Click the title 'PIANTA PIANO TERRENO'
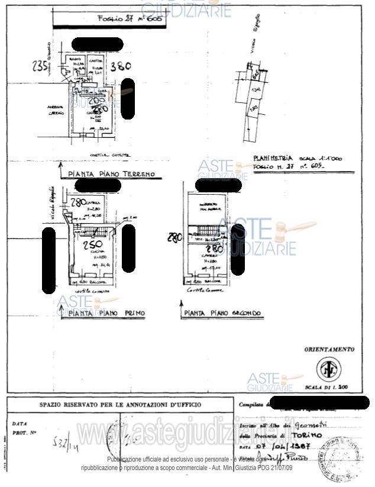coord(111,174)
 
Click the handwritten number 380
coord(121,66)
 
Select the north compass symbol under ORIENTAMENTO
coord(326,370)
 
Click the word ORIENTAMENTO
coord(329,350)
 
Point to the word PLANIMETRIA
coord(273,158)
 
